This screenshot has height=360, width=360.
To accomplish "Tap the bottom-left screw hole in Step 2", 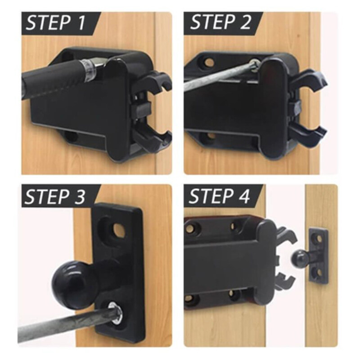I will click(210, 135).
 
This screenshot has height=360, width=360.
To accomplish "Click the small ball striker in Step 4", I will click(297, 258).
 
